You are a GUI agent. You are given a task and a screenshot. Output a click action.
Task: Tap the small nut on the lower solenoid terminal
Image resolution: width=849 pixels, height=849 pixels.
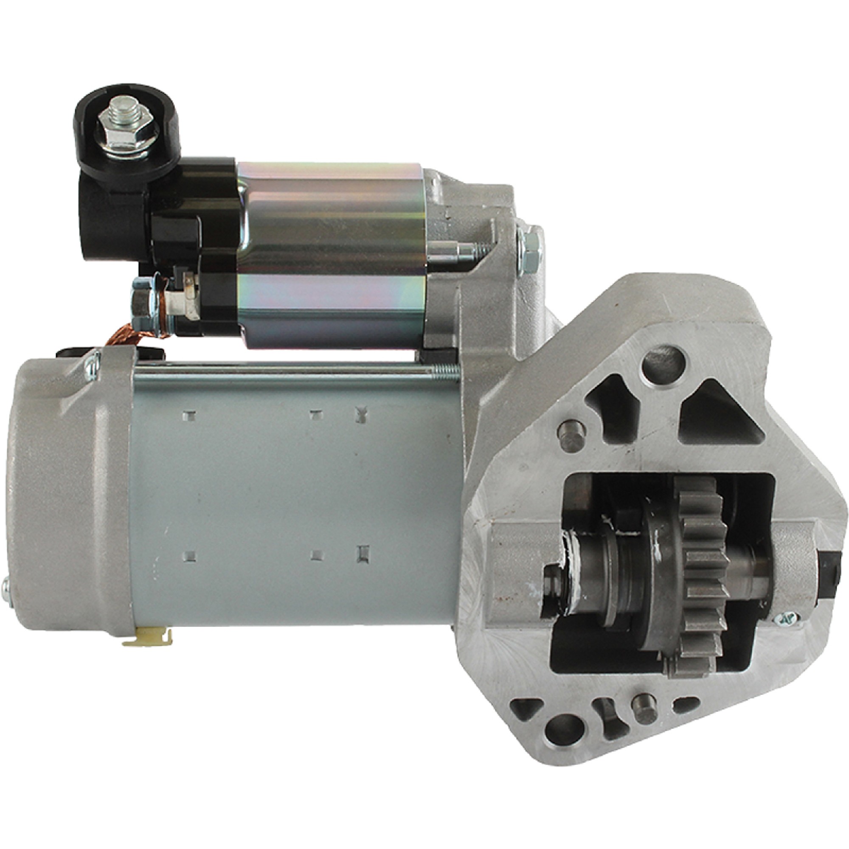pyautogui.click(x=141, y=302)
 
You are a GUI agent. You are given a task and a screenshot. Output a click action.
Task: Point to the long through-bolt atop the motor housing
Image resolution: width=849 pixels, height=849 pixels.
pyautogui.click(x=286, y=368)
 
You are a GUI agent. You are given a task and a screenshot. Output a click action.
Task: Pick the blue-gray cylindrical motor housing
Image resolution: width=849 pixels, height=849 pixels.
pyautogui.click(x=290, y=505)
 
